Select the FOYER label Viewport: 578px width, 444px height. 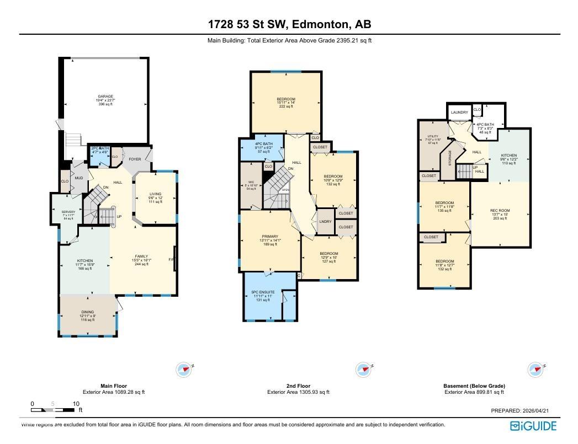135,159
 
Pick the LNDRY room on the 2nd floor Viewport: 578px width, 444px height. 325,222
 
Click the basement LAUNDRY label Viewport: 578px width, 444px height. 459,113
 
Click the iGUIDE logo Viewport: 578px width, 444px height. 533,426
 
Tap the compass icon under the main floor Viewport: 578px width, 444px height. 184,370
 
